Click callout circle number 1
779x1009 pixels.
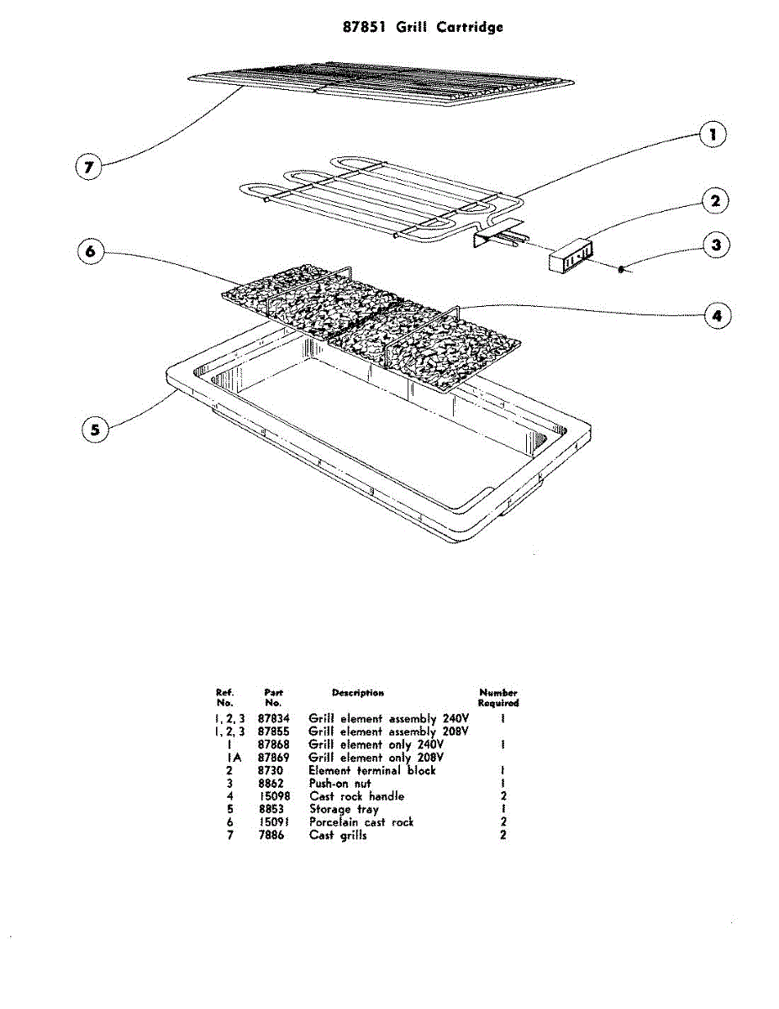point(713,135)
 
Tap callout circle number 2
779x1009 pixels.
point(715,201)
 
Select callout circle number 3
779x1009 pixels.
point(715,246)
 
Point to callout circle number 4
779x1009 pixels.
point(716,316)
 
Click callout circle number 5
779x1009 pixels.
point(95,430)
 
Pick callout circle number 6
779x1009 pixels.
point(92,251)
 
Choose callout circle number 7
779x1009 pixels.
point(87,167)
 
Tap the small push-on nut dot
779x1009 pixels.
point(620,269)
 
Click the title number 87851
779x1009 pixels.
point(365,27)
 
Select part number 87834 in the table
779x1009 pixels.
point(274,720)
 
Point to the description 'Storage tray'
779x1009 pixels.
point(344,810)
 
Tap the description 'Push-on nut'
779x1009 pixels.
point(340,784)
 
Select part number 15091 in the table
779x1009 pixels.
point(274,822)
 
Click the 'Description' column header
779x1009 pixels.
point(358,693)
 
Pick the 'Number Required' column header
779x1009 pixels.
point(498,697)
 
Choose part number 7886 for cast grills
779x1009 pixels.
point(271,836)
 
